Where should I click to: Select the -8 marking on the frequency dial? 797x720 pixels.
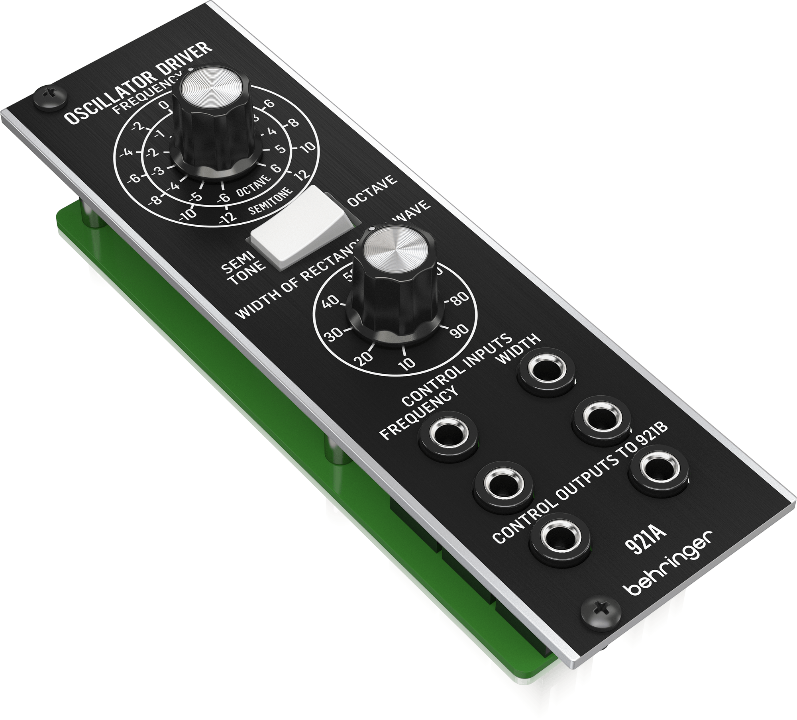[x=156, y=198]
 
